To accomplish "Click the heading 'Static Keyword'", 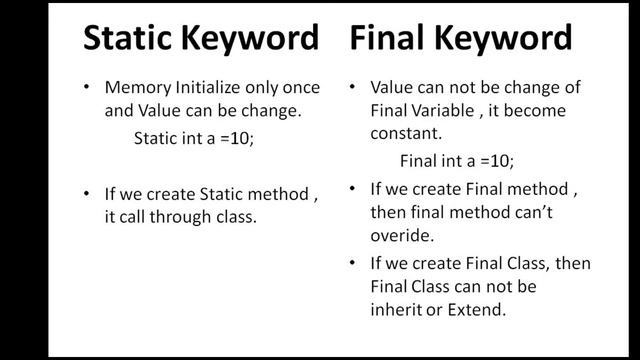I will pos(200,39).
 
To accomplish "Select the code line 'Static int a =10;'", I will pos(194,139).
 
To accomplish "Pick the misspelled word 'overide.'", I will pos(398,236).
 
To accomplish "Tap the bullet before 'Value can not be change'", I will pos(354,87).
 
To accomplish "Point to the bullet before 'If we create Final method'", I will pos(354,187).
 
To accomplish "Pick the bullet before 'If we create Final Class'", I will pos(354,263).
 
